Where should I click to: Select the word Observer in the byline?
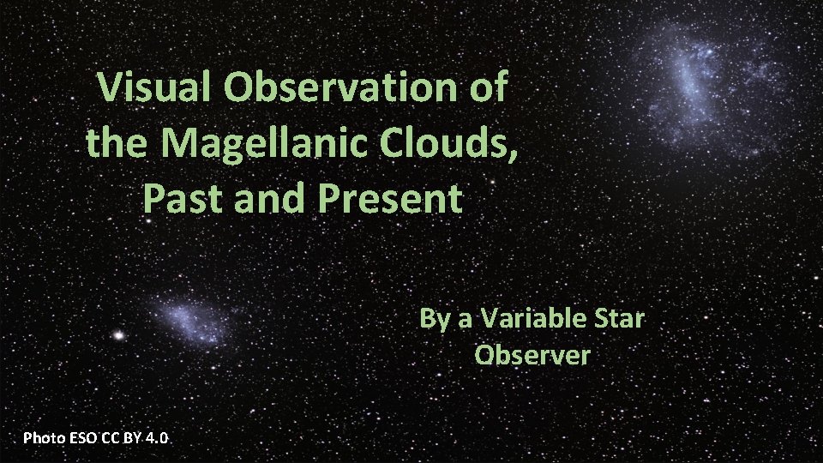point(532,354)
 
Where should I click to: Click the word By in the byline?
point(433,319)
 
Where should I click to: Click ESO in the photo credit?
point(82,438)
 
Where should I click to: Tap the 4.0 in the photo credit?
point(157,438)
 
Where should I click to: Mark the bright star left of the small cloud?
point(119,334)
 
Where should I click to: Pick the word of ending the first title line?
point(487,87)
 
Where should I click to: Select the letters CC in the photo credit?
point(109,438)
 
